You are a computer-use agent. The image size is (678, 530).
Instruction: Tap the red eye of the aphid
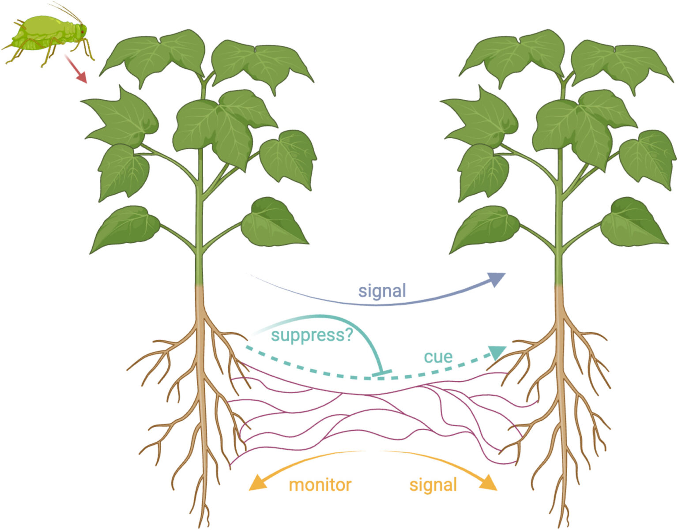click(x=82, y=32)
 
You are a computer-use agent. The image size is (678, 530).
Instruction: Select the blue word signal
click(x=382, y=291)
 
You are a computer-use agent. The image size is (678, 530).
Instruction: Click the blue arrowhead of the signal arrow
click(x=497, y=279)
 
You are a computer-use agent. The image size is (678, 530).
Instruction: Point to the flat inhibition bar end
click(x=382, y=374)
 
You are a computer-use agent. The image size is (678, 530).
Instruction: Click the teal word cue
click(x=438, y=357)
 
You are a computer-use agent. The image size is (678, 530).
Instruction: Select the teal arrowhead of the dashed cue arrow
click(x=497, y=352)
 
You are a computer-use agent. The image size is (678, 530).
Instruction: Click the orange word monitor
click(x=320, y=485)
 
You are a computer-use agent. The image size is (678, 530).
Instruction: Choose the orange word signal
click(x=433, y=485)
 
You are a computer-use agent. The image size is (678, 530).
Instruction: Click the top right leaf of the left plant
click(x=260, y=64)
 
